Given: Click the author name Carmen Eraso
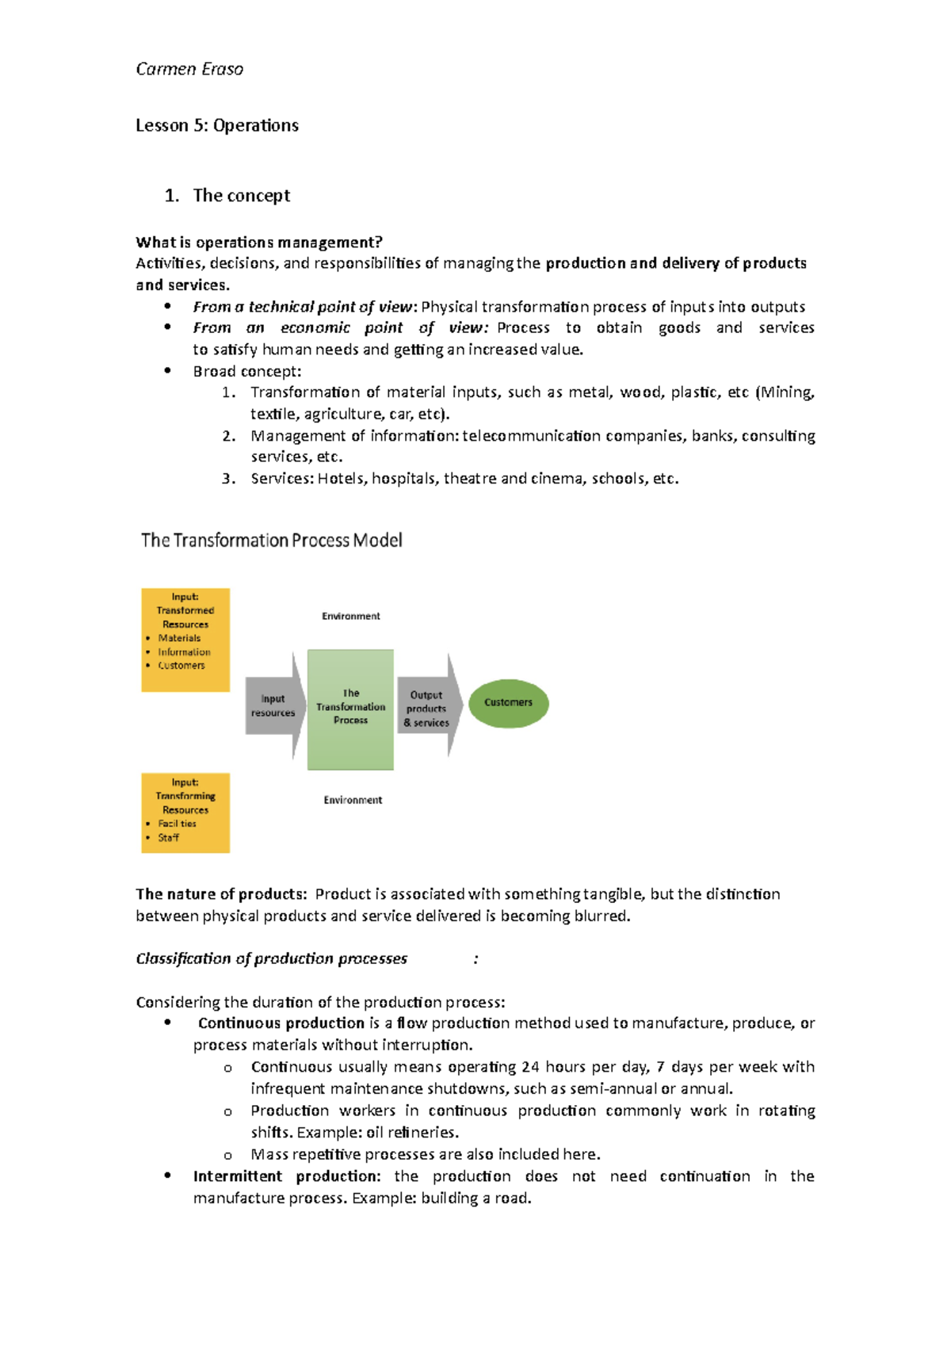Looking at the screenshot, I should (189, 70).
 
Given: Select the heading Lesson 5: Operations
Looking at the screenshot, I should (217, 125).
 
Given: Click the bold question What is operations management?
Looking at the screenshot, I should (259, 242).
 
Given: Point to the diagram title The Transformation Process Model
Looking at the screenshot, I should (272, 541).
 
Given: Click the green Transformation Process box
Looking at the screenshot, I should (350, 709).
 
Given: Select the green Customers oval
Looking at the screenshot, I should (508, 703).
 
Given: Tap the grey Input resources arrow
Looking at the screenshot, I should (273, 706).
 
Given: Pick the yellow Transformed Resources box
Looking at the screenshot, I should (185, 639).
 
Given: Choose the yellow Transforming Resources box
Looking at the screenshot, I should (185, 812).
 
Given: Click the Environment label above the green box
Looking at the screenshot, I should (350, 616).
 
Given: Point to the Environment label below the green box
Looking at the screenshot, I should (353, 800).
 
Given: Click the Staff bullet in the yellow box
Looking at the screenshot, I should (168, 837).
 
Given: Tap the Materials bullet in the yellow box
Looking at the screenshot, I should (179, 638).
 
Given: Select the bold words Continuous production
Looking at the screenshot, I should (281, 1023).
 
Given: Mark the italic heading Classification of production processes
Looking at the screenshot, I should (271, 959).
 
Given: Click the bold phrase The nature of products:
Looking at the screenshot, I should (220, 894).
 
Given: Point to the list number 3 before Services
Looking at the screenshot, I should (228, 479).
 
